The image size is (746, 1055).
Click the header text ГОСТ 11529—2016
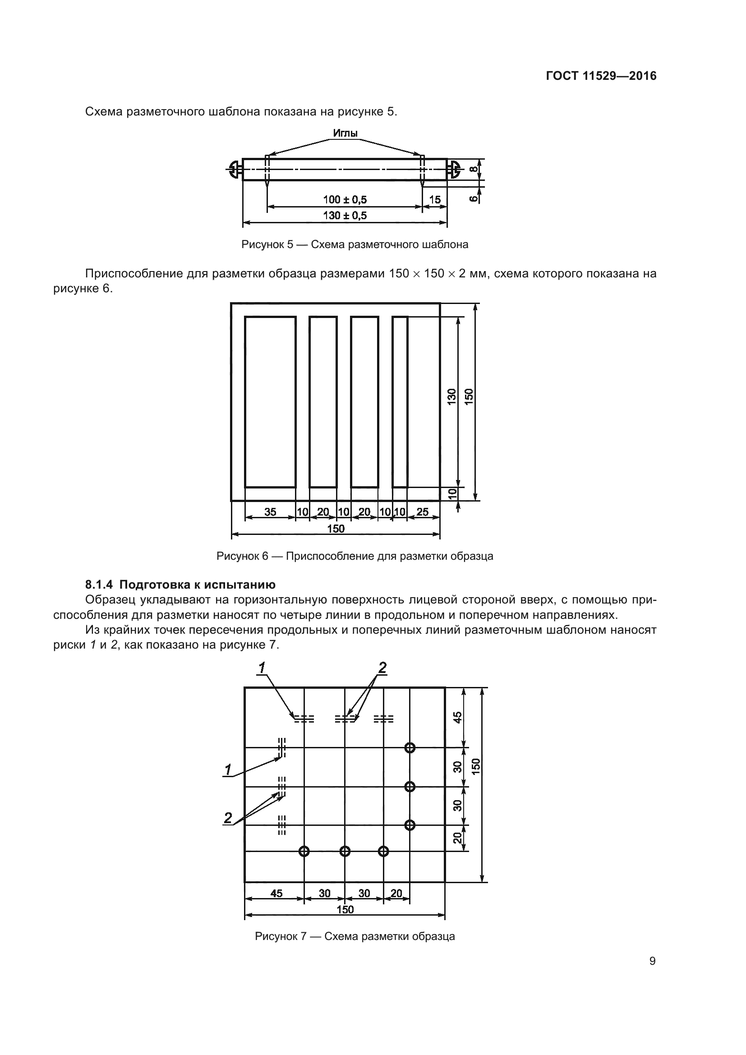601,76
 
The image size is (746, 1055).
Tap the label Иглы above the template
345,133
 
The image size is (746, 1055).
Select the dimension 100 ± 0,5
345,199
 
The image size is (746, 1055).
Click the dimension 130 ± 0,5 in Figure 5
345,216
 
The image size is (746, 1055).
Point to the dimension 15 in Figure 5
434,199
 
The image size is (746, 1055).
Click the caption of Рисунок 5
355,244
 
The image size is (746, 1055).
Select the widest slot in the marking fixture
270,401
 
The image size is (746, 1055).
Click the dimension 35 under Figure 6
270,512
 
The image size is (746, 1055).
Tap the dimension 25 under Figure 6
422,512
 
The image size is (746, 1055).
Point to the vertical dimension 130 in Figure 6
452,396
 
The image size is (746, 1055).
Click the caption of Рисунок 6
355,557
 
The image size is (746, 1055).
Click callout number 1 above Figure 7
262,668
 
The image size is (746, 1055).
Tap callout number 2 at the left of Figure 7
228,818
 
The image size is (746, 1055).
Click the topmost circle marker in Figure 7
410,748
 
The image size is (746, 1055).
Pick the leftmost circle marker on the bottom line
304,852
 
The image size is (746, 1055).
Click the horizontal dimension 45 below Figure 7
276,893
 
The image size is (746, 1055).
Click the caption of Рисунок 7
355,936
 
